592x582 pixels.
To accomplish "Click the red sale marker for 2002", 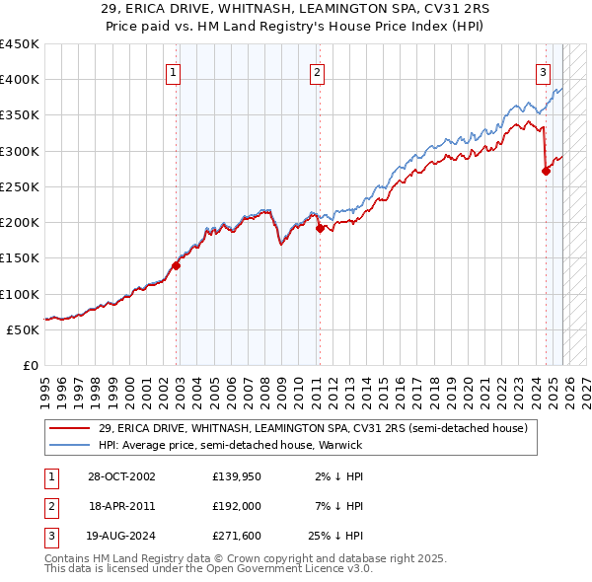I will (177, 264).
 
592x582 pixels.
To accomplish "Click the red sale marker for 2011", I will (320, 228).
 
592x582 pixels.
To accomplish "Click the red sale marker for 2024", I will (546, 171).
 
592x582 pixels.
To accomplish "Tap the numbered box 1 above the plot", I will (173, 71).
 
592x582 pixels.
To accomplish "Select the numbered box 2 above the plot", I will (317, 71).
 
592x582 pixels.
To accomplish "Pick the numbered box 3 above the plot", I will (543, 71).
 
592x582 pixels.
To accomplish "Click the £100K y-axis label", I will (20, 294).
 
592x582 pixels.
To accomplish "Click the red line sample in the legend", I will (71, 428).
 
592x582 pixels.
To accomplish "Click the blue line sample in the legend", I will (71, 445).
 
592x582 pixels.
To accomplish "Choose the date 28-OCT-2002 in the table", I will (122, 476).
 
